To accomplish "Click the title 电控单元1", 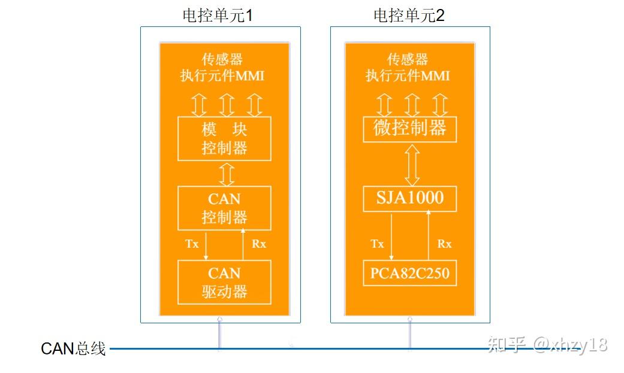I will [x=217, y=16].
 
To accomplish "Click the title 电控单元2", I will [x=409, y=16].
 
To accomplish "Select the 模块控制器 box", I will [x=224, y=139].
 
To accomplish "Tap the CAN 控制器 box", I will [x=224, y=208].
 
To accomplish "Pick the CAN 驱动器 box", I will [x=224, y=282].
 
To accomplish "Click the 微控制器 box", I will [x=410, y=129].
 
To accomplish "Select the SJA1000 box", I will [x=410, y=198].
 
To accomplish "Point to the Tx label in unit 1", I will [x=192, y=244].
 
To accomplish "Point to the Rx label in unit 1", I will [x=259, y=244].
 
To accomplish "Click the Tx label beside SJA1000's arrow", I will [x=377, y=244].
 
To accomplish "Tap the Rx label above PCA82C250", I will [x=444, y=244].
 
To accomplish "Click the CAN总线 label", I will [x=73, y=349].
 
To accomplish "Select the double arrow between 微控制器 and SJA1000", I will [x=412, y=164].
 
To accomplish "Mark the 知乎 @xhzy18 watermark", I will [x=547, y=345].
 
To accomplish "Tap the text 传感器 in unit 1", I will [x=222, y=60].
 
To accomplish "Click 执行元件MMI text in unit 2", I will [x=408, y=76].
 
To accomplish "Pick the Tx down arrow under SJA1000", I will [x=391, y=236].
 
